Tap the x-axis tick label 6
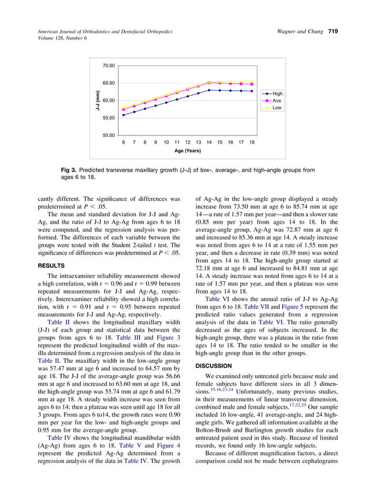(x=123, y=142)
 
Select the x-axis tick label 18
(x=252, y=142)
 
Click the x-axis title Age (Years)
(x=187, y=151)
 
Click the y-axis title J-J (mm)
(x=99, y=100)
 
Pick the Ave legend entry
(x=277, y=101)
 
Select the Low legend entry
(x=277, y=108)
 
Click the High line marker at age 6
(x=123, y=115)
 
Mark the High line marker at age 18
(x=252, y=91)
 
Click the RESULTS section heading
(x=52, y=266)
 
